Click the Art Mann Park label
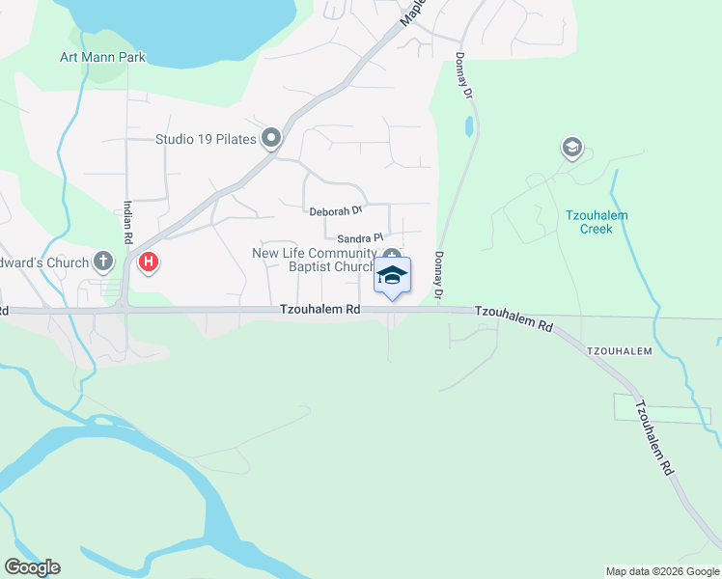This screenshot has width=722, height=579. [x=102, y=57]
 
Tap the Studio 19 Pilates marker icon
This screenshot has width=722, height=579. [x=271, y=139]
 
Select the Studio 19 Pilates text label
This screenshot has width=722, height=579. [x=206, y=139]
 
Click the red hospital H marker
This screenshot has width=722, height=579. [x=149, y=262]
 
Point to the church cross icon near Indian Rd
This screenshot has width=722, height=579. [x=104, y=261]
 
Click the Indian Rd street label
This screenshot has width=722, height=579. [x=127, y=222]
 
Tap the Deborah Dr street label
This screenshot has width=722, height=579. [x=335, y=210]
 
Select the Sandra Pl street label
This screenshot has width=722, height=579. [x=360, y=237]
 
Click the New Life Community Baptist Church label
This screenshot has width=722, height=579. [x=313, y=260]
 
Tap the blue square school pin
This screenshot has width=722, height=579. [x=392, y=276]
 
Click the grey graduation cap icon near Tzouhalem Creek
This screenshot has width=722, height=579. [x=571, y=148]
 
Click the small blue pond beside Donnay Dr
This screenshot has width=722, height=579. [x=469, y=126]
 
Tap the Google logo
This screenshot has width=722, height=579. [x=32, y=567]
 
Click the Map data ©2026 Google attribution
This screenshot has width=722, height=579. [x=662, y=571]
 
